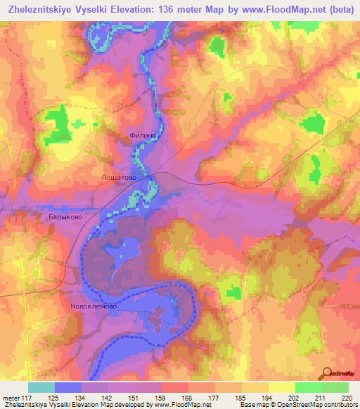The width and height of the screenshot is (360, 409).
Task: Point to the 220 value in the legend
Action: (x=345, y=398)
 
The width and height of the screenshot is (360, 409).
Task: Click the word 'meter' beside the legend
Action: (x=12, y=398)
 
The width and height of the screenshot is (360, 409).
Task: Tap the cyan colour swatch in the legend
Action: (x=41, y=387)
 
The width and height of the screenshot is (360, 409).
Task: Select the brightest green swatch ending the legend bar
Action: (x=335, y=387)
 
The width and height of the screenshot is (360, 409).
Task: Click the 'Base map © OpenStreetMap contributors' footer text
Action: (x=295, y=405)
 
